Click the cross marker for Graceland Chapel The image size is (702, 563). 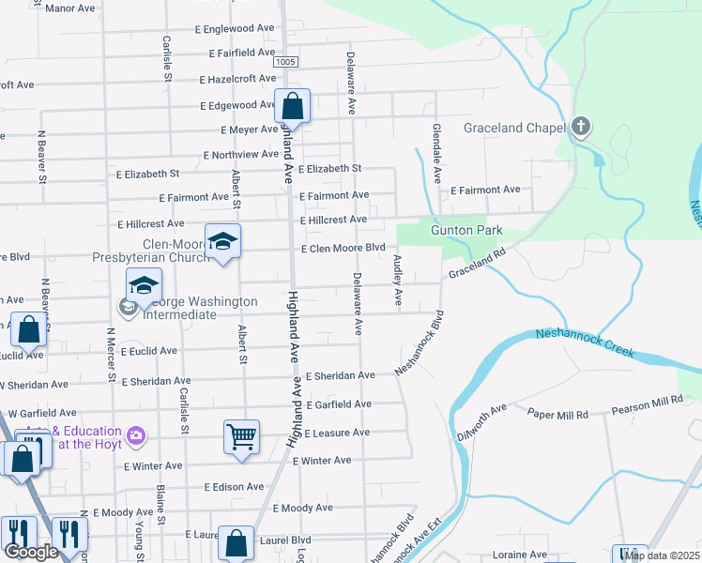point(581,127)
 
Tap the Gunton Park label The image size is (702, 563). point(466,230)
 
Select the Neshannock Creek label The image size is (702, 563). point(585,343)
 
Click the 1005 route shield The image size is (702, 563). point(287,61)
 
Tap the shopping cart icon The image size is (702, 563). point(241,436)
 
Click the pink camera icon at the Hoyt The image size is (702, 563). point(137,435)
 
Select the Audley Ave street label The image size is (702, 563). point(398,281)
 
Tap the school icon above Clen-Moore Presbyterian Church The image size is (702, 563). point(222,242)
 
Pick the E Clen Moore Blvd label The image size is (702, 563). point(343,248)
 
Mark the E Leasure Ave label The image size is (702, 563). point(337,433)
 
